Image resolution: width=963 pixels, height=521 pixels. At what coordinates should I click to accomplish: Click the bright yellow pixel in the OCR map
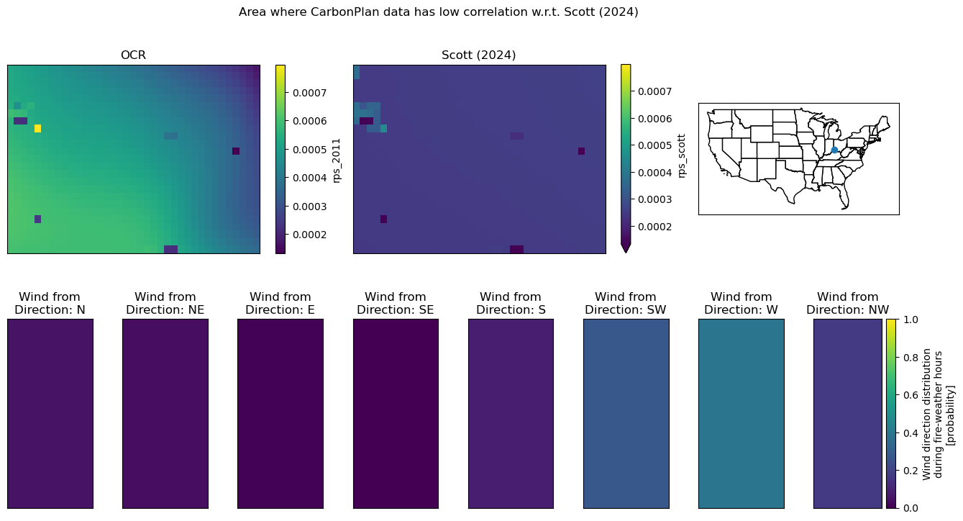click(x=38, y=128)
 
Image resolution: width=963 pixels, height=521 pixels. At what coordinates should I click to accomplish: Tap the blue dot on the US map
click(x=834, y=150)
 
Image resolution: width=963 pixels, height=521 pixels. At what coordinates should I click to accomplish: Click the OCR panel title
click(x=133, y=55)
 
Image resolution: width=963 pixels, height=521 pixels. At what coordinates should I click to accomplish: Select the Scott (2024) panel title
click(x=478, y=55)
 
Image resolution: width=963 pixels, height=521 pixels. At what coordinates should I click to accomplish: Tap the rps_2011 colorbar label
click(x=336, y=160)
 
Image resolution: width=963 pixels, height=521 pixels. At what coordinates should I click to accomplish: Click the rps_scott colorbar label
click(x=681, y=155)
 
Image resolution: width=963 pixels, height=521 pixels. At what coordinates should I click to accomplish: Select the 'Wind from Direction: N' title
click(x=50, y=303)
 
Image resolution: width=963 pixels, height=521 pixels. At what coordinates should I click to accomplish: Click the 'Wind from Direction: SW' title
click(x=626, y=303)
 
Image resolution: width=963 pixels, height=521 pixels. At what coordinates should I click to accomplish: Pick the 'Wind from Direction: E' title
click(x=280, y=303)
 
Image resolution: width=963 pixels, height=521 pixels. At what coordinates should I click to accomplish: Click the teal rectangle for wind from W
click(x=741, y=414)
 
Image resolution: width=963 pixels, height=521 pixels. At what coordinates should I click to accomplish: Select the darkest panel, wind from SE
click(x=396, y=414)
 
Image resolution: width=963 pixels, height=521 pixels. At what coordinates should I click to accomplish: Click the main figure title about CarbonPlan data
click(x=439, y=12)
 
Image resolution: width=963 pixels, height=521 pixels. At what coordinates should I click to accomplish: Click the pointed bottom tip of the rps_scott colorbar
click(x=626, y=252)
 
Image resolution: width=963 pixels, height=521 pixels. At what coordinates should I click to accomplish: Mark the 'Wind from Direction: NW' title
click(x=847, y=303)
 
